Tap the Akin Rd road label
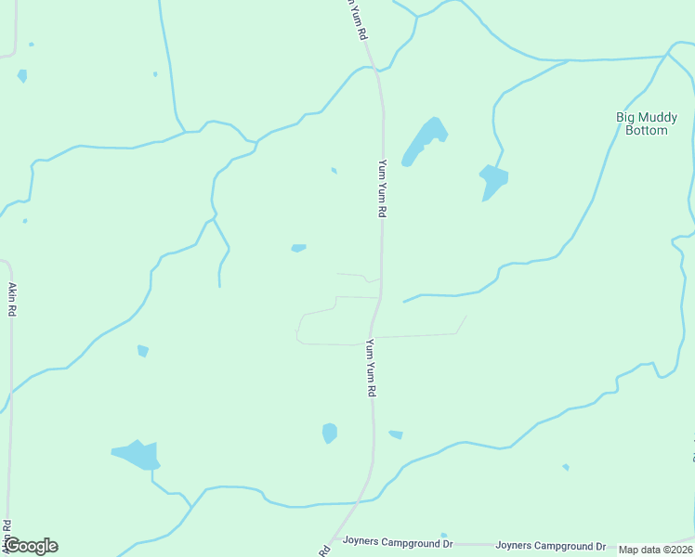click(12, 300)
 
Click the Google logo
click(30, 546)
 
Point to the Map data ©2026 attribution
click(656, 550)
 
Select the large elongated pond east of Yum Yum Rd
click(424, 141)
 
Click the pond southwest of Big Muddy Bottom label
click(492, 179)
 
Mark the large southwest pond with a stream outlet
click(138, 455)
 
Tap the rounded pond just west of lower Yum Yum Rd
click(330, 433)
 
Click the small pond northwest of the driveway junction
click(298, 248)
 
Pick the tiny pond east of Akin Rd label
click(142, 350)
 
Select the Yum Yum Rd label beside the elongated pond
click(381, 188)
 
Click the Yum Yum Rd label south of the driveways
click(370, 368)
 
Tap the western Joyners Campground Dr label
click(397, 540)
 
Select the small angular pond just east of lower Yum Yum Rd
click(396, 434)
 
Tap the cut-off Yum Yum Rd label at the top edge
click(357, 19)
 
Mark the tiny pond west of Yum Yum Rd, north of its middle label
click(334, 170)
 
